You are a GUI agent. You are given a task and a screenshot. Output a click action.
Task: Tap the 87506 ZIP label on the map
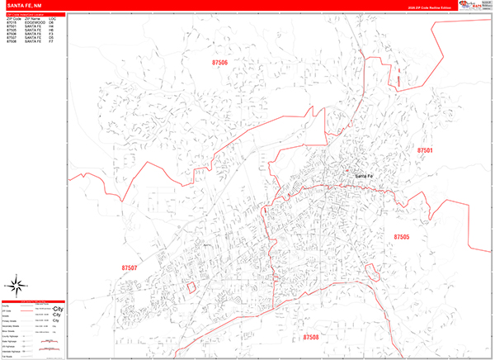219,62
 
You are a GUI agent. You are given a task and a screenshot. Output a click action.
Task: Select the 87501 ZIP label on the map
425,151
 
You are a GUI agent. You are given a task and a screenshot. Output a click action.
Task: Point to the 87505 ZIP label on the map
401,237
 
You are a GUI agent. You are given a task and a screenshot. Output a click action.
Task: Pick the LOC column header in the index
52,18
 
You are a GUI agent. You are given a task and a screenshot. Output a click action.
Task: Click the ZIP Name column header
33,18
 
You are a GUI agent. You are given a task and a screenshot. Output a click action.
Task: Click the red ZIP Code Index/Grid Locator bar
33,14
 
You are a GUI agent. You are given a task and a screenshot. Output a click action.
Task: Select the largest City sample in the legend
59,308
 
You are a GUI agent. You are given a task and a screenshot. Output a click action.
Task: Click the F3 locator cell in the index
51,33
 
